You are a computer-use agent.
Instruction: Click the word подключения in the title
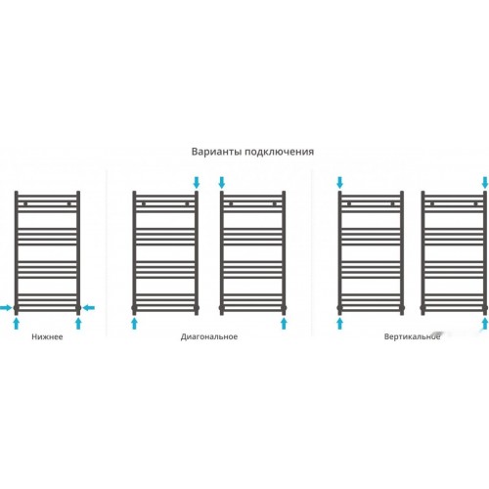[x=279, y=153]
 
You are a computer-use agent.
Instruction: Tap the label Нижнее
[x=47, y=336]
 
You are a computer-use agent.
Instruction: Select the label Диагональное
[x=209, y=337]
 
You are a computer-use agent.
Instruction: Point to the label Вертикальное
[x=412, y=336]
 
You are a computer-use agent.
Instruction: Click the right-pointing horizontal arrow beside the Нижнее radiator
[x=6, y=307]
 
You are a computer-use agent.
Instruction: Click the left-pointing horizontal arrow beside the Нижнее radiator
[x=89, y=307]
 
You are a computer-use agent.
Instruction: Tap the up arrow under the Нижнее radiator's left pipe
[x=17, y=324]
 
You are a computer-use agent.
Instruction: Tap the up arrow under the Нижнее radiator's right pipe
[x=78, y=324]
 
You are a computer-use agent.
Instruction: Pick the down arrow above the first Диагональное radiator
[x=197, y=183]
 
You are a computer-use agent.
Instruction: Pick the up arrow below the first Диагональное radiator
[x=134, y=324]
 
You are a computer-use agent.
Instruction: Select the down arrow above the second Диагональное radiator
[x=222, y=183]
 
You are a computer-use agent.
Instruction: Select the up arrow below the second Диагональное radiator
[x=284, y=324]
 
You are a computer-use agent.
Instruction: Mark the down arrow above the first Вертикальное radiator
[x=339, y=183]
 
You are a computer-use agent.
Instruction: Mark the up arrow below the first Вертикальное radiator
[x=339, y=324]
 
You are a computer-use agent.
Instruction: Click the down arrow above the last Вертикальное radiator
[x=485, y=183]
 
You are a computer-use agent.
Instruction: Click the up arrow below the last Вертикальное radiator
[x=485, y=324]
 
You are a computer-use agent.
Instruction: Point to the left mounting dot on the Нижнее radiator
[x=25, y=204]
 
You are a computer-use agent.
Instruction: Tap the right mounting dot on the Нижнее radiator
[x=68, y=204]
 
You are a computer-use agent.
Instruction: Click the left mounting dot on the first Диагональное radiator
[x=144, y=204]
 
